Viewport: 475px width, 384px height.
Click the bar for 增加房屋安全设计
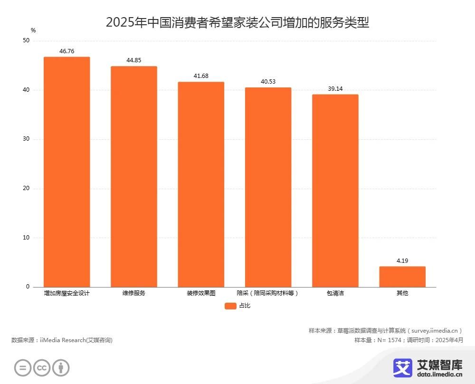click(66, 172)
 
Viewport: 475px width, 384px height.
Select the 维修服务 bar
click(134, 176)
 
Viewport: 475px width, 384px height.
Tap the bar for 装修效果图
click(201, 184)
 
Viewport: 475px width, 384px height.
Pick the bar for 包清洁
click(335, 191)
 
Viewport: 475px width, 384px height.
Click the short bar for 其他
click(402, 277)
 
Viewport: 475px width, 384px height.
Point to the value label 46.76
click(66, 51)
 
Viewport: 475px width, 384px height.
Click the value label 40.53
click(268, 82)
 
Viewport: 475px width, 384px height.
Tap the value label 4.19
click(402, 261)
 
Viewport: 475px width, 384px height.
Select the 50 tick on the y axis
click(26, 41)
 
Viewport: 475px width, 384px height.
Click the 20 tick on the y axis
click(26, 189)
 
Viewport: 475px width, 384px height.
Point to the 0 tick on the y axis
click(28, 287)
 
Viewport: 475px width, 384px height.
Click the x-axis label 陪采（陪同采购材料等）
click(268, 293)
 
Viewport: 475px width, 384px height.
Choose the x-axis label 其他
click(402, 293)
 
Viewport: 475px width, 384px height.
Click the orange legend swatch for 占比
click(230, 306)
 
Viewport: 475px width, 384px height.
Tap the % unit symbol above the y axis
click(33, 30)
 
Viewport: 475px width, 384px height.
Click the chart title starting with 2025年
click(237, 22)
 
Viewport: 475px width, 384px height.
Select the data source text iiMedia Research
click(62, 340)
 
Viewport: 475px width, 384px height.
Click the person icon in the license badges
click(61, 367)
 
